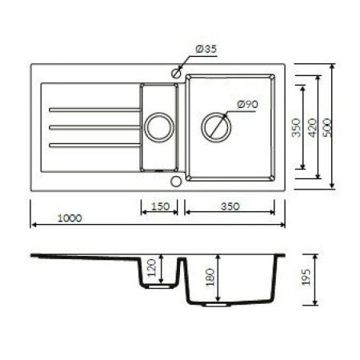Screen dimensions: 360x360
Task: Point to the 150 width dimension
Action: (160, 206)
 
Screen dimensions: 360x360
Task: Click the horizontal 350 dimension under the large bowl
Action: (230, 206)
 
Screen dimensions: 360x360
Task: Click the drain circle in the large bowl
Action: (214, 126)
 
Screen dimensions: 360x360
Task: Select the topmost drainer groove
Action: (92, 109)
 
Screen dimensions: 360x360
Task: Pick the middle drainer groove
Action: (92, 126)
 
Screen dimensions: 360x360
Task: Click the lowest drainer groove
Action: (92, 144)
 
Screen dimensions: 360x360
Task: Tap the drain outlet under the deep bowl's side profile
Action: (217, 305)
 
